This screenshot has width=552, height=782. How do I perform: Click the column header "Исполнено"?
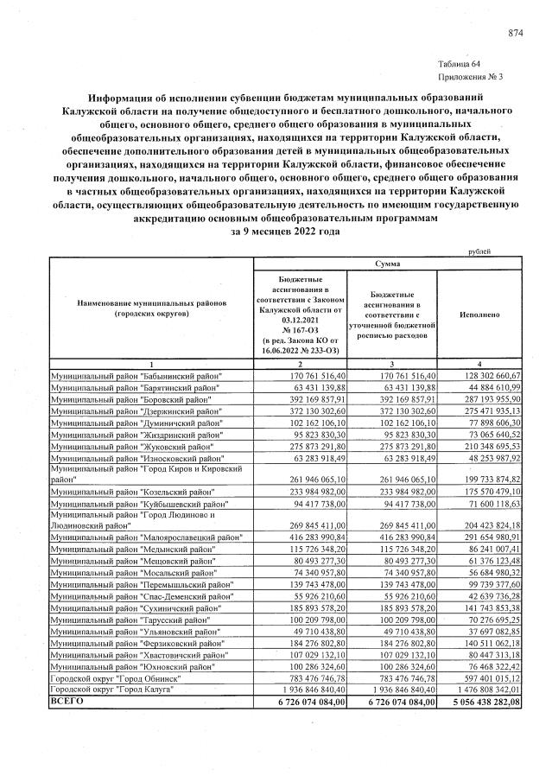(480, 316)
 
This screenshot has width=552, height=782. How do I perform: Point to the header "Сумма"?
(388, 262)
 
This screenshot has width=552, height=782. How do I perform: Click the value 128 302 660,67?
(486, 377)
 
